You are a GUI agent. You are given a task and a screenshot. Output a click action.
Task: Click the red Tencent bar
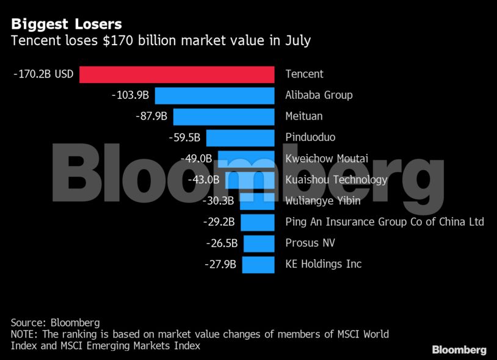(177, 74)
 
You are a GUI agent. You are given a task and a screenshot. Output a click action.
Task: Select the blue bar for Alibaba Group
(214, 96)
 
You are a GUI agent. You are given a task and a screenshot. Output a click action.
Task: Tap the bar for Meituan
(223, 117)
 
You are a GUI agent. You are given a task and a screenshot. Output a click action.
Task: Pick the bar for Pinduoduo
(240, 138)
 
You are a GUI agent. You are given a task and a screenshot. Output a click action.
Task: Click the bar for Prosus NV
(259, 243)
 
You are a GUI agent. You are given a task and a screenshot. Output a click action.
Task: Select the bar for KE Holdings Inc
(258, 264)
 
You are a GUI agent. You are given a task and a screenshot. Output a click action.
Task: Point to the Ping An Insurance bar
(257, 222)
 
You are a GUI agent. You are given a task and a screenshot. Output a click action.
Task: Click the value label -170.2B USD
(43, 74)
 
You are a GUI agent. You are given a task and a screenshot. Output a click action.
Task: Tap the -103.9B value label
(130, 96)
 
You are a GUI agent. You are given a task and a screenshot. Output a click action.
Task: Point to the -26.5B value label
(222, 243)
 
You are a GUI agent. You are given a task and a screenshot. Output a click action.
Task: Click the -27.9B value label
(220, 264)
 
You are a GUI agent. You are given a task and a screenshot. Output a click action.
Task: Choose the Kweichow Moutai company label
(327, 159)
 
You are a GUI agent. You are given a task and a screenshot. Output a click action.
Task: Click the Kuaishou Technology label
(336, 180)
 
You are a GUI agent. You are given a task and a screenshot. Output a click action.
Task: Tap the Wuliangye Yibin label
(323, 201)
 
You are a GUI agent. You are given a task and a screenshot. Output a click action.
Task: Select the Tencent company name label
(304, 74)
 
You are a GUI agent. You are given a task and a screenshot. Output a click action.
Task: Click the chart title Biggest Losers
(67, 24)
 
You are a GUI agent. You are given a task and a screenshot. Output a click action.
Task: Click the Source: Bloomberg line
(55, 322)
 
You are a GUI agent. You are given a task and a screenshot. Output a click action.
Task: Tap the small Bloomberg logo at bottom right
(459, 350)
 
